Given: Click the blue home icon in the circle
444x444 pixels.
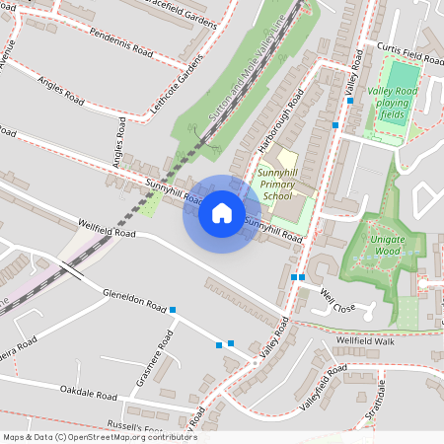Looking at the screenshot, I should click(222, 213).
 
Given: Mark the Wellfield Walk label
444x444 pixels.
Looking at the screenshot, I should click(363, 340).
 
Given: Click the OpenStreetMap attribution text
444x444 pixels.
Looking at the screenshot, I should click(99, 437).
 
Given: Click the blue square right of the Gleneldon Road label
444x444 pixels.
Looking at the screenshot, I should click(173, 310).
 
